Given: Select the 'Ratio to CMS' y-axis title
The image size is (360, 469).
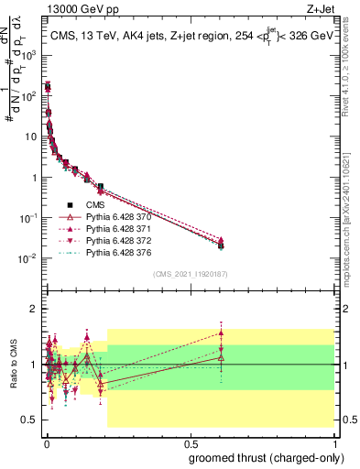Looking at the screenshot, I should click(x=12, y=365).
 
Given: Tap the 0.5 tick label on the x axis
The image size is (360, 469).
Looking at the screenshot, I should click(x=191, y=442).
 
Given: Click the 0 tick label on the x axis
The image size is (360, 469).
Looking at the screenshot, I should click(x=47, y=442).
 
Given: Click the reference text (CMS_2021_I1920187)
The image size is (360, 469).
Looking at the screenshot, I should click(x=189, y=273).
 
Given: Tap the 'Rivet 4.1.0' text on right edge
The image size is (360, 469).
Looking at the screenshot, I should click(x=351, y=64).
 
